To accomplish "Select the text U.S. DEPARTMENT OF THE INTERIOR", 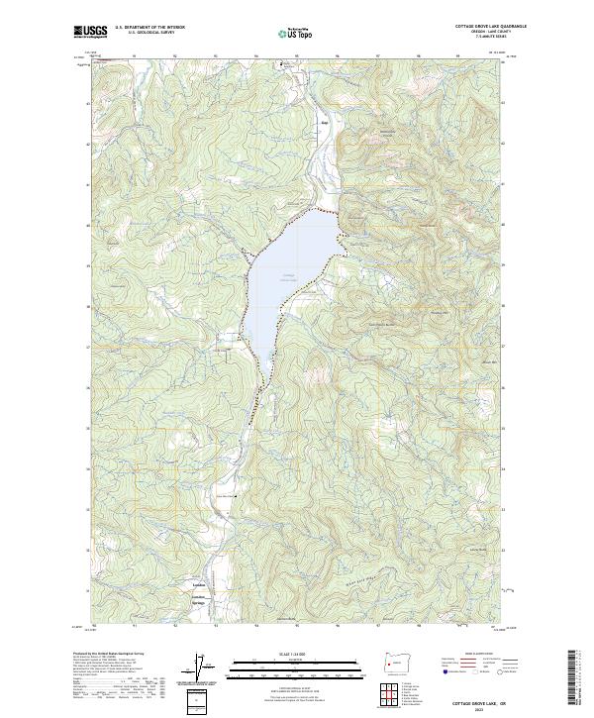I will point(149,28).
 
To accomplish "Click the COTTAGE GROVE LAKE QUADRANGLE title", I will point(473,27).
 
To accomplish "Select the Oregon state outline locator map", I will point(397,658).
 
